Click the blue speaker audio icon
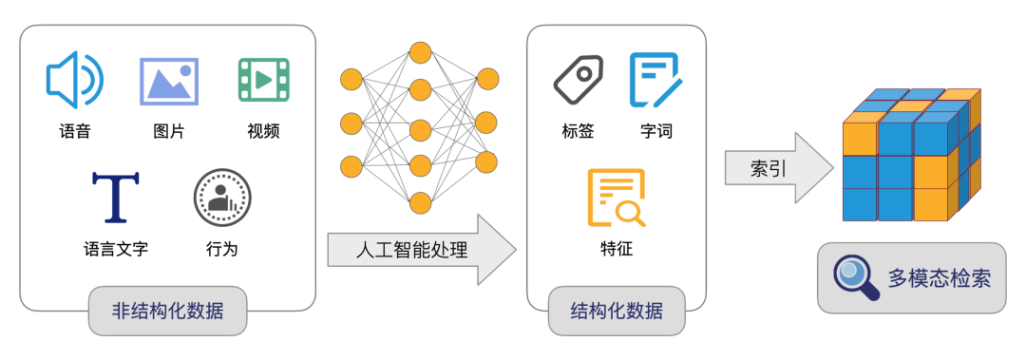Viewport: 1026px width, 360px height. (73, 81)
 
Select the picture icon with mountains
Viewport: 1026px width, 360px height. (169, 81)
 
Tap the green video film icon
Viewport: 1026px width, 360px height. (263, 81)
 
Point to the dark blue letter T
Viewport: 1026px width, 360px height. (115, 198)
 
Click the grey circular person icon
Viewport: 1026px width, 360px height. (222, 198)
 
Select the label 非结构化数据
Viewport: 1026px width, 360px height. (167, 310)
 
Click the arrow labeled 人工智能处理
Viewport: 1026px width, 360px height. (418, 250)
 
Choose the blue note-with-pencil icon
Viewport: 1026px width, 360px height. (655, 80)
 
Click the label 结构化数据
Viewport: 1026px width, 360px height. (616, 310)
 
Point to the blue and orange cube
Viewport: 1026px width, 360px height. (910, 156)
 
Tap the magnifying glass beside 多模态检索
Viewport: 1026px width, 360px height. (855, 277)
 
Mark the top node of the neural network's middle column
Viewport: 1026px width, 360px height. (420, 51)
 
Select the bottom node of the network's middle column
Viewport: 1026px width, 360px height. (420, 202)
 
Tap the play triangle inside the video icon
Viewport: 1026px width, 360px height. (264, 81)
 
